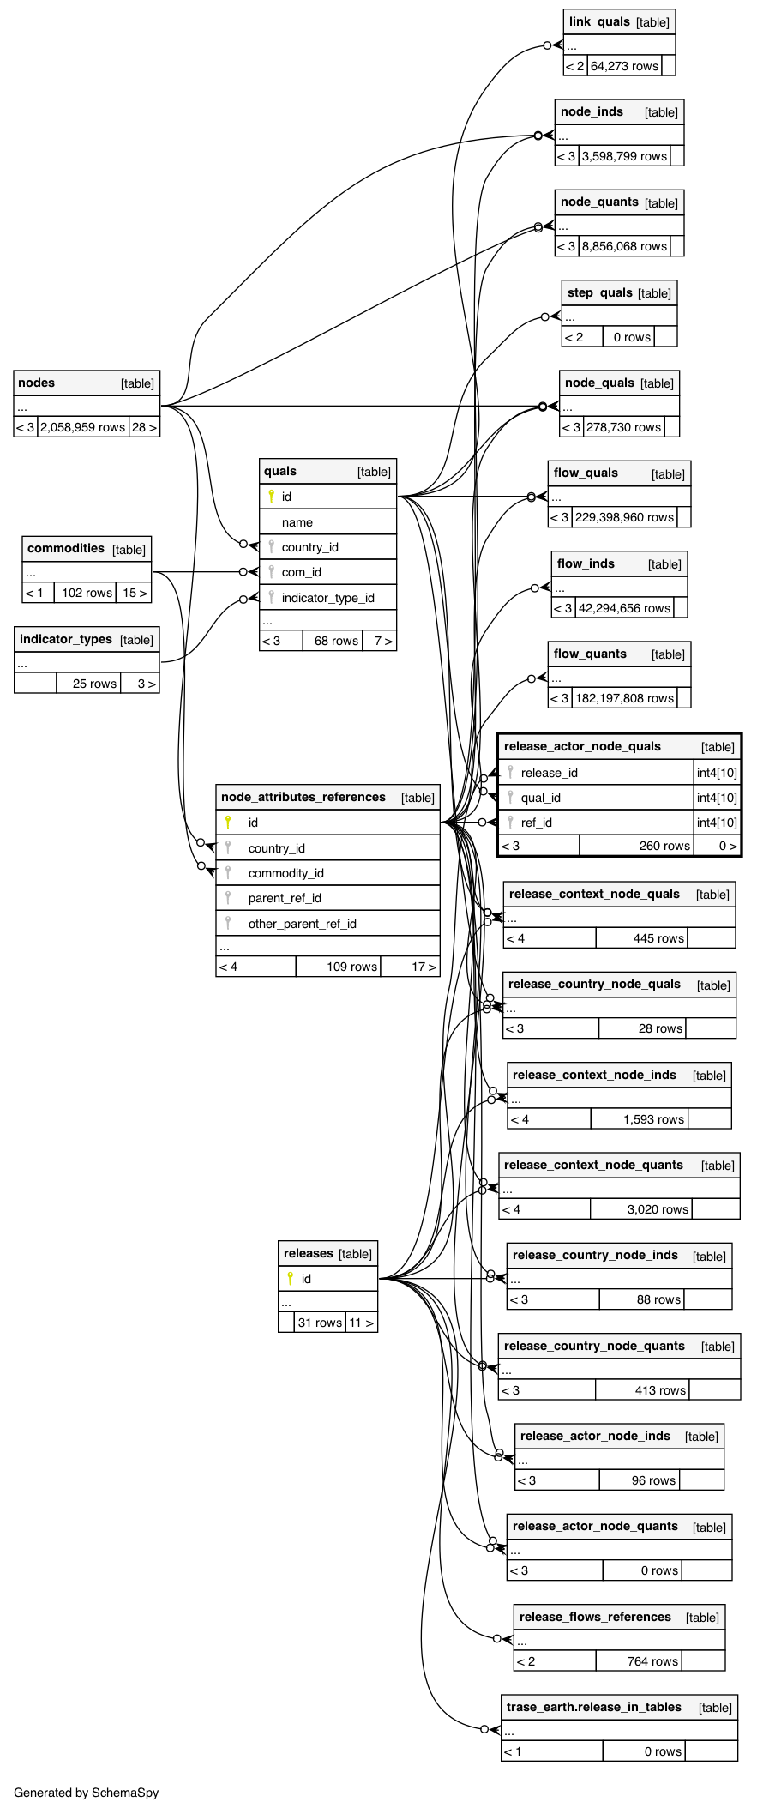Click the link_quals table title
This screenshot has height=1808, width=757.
599,21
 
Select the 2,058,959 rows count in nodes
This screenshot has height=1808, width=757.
82,427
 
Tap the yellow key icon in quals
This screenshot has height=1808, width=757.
271,497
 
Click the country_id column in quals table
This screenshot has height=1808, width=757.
309,547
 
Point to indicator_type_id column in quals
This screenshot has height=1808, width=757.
327,598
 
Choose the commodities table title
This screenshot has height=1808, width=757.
66,549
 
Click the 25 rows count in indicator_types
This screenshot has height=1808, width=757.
94,684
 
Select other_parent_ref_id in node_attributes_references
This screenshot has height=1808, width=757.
302,924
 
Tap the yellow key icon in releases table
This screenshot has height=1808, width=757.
291,1279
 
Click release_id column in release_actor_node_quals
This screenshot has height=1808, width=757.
549,773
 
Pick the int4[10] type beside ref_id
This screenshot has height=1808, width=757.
717,823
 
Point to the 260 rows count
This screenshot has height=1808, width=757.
664,846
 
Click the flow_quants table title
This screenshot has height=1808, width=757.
590,654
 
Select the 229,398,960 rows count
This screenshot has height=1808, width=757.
624,517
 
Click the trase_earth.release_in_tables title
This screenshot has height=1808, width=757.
593,1707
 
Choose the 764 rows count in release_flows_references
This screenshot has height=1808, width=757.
652,1661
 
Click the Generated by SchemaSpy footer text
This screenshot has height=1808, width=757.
86,1793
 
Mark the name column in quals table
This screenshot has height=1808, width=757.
297,522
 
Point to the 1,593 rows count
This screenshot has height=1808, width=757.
653,1119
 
